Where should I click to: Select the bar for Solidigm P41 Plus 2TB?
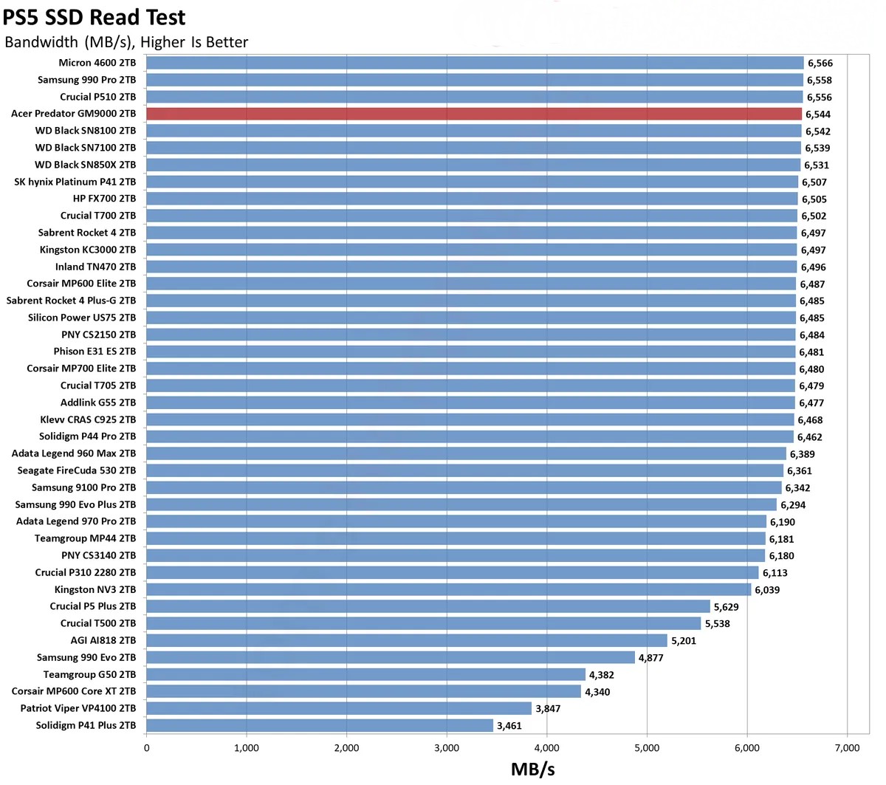[320, 725]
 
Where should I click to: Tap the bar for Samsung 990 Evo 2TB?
[391, 657]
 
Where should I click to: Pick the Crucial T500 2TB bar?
[424, 623]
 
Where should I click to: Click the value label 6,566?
[820, 64]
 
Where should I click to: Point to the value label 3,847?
[548, 709]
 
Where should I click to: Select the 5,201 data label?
[684, 641]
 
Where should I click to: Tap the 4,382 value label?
[601, 675]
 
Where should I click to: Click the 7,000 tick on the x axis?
[847, 748]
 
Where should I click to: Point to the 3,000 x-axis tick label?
[447, 748]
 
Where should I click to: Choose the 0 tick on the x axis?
[147, 748]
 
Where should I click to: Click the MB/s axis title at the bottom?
[532, 769]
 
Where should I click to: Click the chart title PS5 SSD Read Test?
[95, 16]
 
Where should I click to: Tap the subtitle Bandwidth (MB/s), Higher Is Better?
[126, 42]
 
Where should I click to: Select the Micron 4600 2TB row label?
[97, 63]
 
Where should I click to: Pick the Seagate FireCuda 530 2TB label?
[77, 470]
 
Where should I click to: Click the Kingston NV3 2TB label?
[95, 589]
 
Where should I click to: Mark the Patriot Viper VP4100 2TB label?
[78, 708]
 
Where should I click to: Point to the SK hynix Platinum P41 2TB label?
[75, 182]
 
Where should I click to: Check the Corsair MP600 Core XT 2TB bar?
[364, 691]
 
